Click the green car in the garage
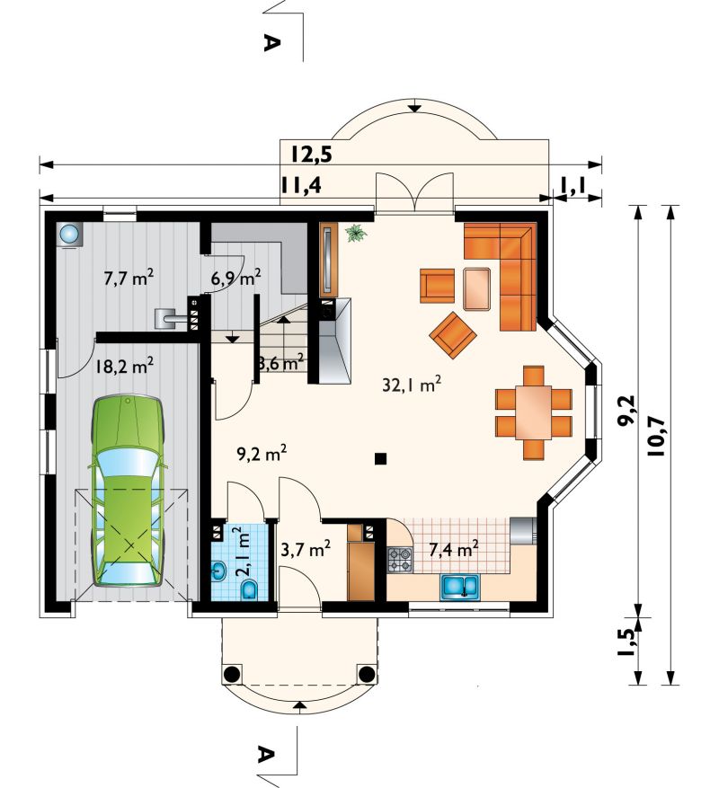[129, 491]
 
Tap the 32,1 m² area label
[412, 385]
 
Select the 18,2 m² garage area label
[124, 367]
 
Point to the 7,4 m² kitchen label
[453, 549]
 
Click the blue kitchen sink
[460, 588]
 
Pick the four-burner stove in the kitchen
[400, 560]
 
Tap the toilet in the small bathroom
[250, 590]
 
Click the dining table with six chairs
[534, 412]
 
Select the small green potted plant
[356, 234]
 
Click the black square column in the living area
[380, 458]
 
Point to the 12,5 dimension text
[311, 154]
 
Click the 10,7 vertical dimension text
[656, 436]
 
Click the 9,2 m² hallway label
[262, 455]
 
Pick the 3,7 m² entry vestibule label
[306, 549]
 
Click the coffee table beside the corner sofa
[476, 288]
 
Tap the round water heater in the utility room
[69, 235]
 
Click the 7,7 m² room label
[129, 278]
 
